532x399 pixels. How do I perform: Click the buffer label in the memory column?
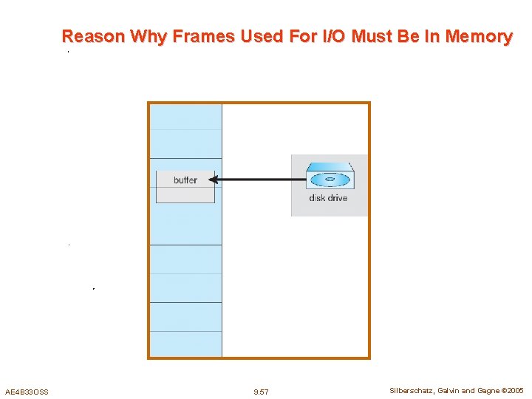pos(185,180)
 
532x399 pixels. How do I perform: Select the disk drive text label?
pos(328,198)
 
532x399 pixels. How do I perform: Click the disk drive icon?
pos(330,179)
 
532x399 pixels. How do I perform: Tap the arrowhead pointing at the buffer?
pos(212,179)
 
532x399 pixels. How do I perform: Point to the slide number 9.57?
pos(261,392)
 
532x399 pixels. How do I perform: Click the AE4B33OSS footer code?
pos(27,392)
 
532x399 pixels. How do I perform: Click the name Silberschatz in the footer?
pos(412,390)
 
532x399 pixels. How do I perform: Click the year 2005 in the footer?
pos(514,390)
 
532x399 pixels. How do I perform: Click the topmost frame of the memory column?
pos(185,117)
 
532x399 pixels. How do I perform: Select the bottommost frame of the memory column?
pos(185,344)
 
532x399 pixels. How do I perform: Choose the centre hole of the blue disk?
pos(329,180)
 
